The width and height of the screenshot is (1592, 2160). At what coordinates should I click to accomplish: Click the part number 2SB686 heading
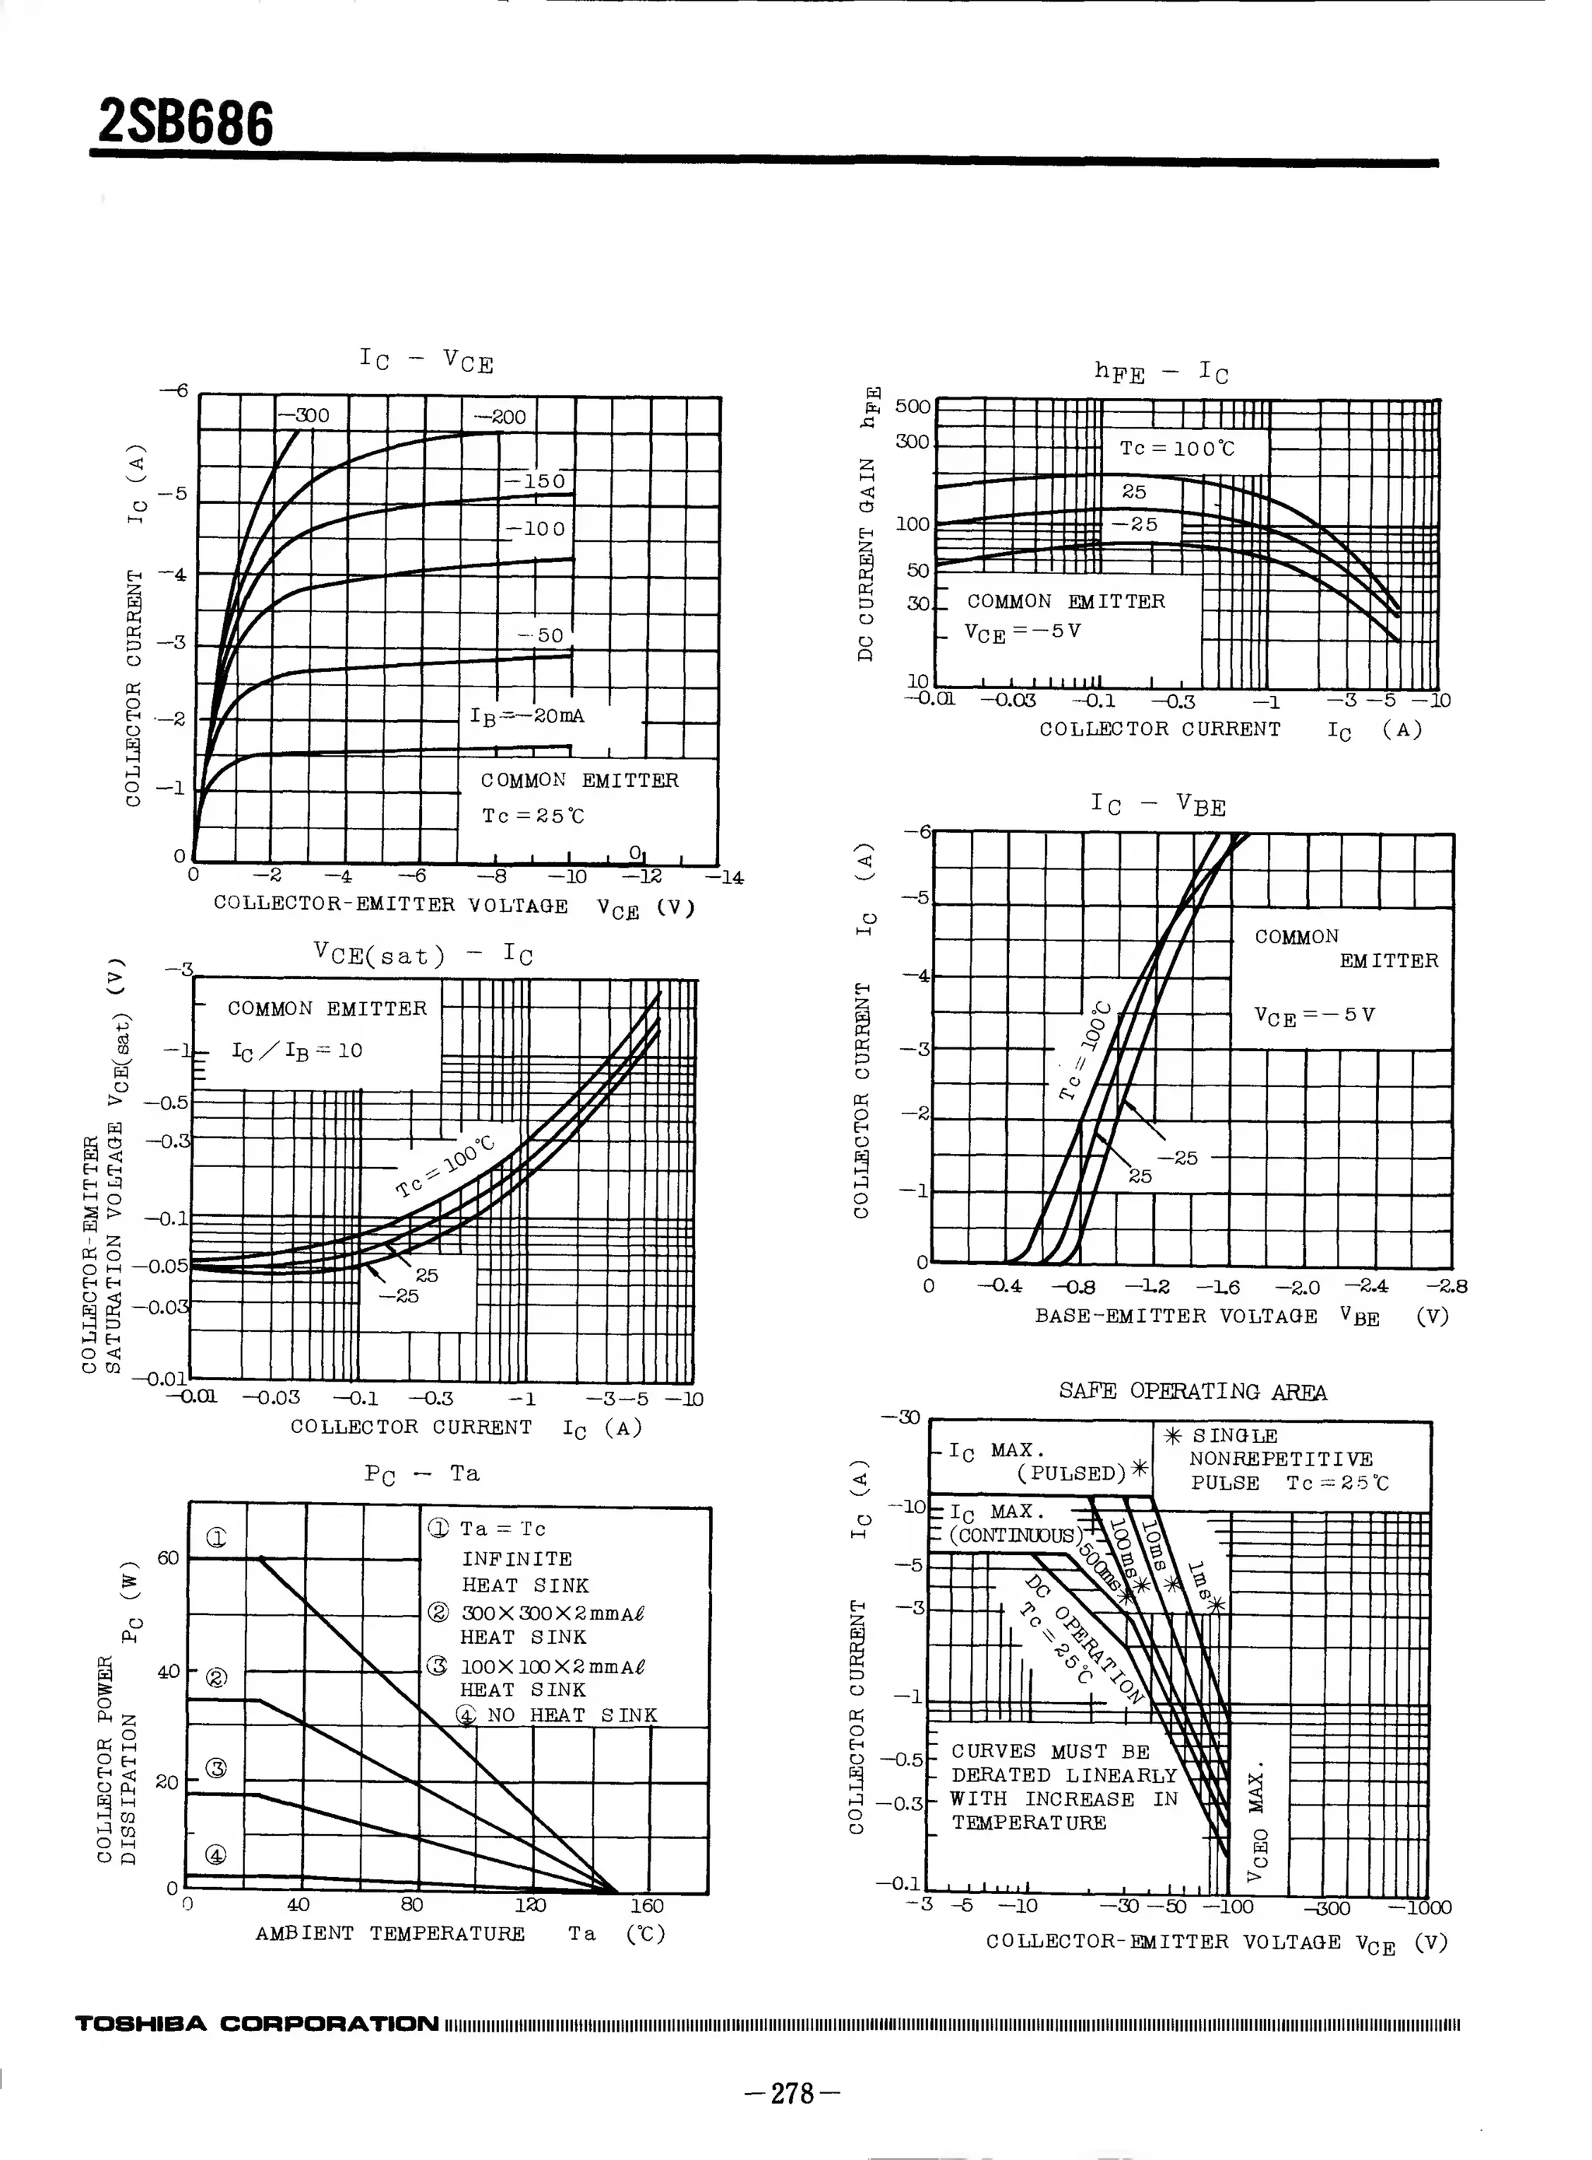(186, 124)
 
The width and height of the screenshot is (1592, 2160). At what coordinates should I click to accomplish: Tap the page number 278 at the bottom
(793, 2092)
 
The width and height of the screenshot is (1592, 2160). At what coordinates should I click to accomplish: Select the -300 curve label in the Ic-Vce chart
(306, 415)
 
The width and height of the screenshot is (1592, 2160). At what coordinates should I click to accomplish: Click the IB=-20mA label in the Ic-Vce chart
(526, 716)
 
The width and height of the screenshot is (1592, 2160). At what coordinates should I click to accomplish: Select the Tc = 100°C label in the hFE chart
(1177, 448)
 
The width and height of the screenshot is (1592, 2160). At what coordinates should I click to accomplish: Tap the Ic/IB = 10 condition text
(297, 1050)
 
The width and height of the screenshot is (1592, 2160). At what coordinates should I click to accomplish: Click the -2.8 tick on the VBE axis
(1447, 1286)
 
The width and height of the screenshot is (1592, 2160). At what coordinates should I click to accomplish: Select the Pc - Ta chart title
(421, 1473)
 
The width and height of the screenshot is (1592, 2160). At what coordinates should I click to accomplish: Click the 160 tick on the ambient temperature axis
(647, 1906)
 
